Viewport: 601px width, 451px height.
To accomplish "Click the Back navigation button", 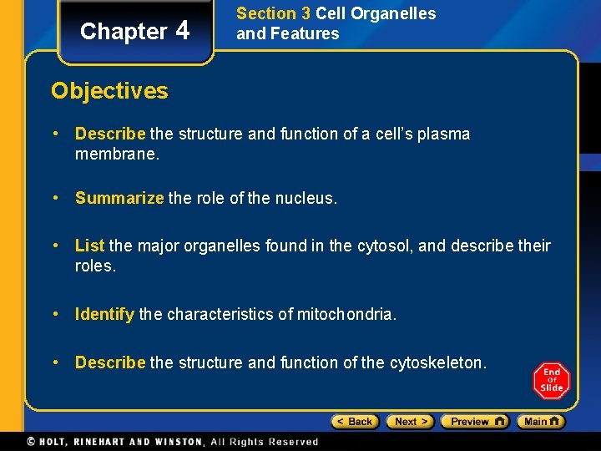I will pyautogui.click(x=355, y=422).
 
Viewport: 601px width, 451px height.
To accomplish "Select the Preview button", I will pyautogui.click(x=474, y=422).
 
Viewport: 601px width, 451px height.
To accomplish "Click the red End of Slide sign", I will pyautogui.click(x=551, y=381).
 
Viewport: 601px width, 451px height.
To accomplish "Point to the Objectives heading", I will pyautogui.click(x=109, y=90).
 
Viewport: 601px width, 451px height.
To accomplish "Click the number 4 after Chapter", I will pyautogui.click(x=183, y=31).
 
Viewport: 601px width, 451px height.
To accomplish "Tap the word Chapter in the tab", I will pyautogui.click(x=124, y=32).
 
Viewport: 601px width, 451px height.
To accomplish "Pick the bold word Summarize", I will pyautogui.click(x=119, y=199).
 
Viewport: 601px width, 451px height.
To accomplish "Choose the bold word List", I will pyautogui.click(x=89, y=246).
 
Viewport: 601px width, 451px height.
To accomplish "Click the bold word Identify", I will pyautogui.click(x=104, y=314).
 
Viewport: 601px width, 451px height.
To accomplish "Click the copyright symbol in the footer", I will pyautogui.click(x=31, y=441).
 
